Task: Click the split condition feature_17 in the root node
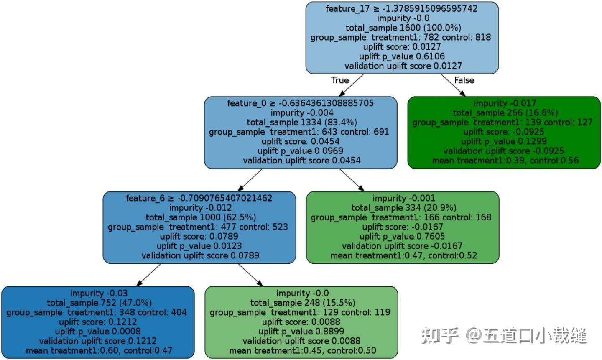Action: [401, 8]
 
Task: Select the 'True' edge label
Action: [339, 80]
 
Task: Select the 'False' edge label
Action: [464, 80]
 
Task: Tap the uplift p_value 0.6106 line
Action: [401, 56]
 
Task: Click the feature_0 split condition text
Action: [300, 103]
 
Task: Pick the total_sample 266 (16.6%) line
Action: [505, 112]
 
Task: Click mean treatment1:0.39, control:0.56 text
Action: [505, 161]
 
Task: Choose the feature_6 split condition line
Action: [199, 198]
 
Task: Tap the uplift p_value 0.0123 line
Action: [199, 246]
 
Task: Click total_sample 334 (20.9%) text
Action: [403, 208]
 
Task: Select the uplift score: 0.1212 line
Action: [98, 322]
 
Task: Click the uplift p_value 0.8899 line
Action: [301, 332]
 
